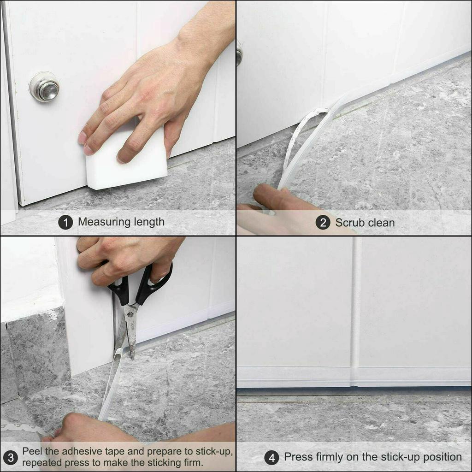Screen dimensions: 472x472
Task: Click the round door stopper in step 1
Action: pyautogui.click(x=44, y=87)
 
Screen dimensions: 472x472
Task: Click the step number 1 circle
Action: pyautogui.click(x=65, y=223)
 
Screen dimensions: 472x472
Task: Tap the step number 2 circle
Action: pyautogui.click(x=323, y=223)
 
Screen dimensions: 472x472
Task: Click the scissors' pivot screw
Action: pyautogui.click(x=130, y=314)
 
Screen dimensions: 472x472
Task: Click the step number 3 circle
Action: pyautogui.click(x=11, y=458)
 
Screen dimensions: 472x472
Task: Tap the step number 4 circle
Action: pyautogui.click(x=271, y=458)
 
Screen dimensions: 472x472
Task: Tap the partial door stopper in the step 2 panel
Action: pyautogui.click(x=239, y=56)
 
